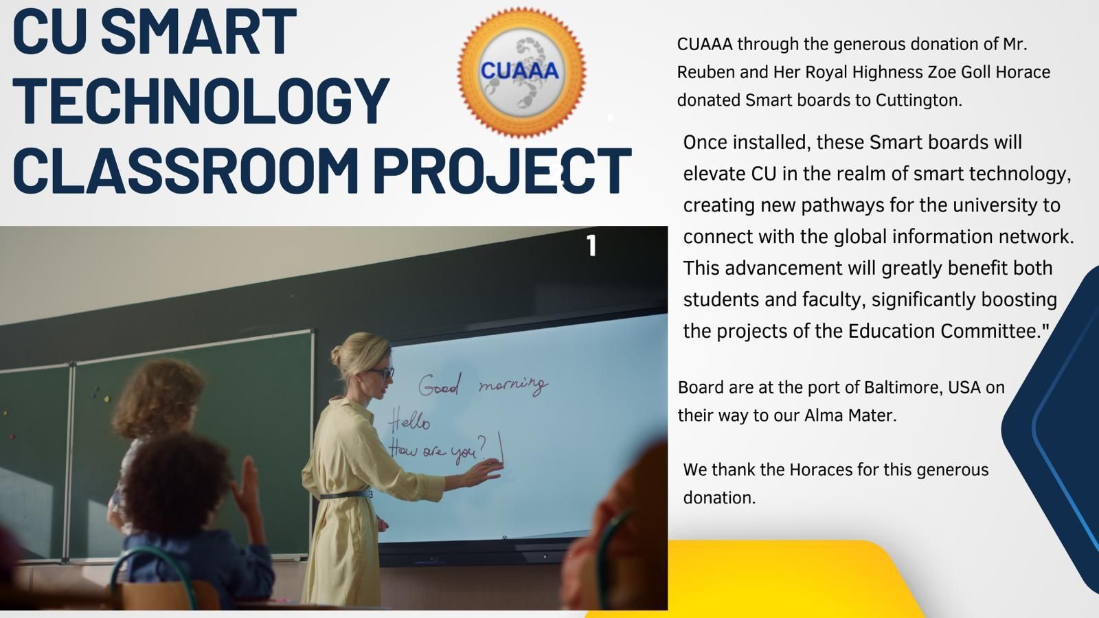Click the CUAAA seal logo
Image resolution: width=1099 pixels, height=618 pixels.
tap(521, 72)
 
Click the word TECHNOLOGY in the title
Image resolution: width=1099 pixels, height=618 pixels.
tap(201, 102)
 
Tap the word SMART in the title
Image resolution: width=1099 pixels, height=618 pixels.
tap(199, 32)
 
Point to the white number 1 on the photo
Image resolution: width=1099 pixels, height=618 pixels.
tap(591, 245)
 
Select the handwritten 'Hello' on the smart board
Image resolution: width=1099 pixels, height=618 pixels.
tap(409, 420)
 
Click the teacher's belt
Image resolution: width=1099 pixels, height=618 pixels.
tap(346, 494)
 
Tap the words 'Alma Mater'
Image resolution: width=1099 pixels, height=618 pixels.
tap(850, 415)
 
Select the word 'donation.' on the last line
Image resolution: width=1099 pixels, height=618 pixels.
tap(719, 498)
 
